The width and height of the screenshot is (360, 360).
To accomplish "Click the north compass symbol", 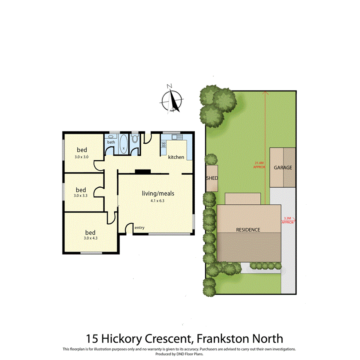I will (172, 100).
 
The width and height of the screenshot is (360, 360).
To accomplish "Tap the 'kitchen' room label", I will (176, 157).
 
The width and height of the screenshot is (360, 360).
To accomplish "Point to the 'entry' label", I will (139, 228).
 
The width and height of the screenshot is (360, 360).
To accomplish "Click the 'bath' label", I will (111, 142).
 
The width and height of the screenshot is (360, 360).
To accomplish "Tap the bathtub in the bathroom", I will (124, 144).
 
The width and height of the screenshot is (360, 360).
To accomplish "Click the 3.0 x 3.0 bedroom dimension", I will (82, 157).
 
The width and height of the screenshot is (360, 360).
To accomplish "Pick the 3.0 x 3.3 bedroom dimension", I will (81, 196).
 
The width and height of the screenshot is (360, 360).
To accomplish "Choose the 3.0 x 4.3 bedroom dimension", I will (90, 238).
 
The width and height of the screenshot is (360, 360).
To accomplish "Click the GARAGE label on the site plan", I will (283, 168).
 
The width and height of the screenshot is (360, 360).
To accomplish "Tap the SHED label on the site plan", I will (212, 178).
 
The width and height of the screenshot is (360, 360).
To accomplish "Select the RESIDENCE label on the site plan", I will (248, 229).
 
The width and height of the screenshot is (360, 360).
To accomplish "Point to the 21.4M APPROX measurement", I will (259, 165).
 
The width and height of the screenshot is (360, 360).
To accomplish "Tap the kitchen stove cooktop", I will (163, 145).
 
